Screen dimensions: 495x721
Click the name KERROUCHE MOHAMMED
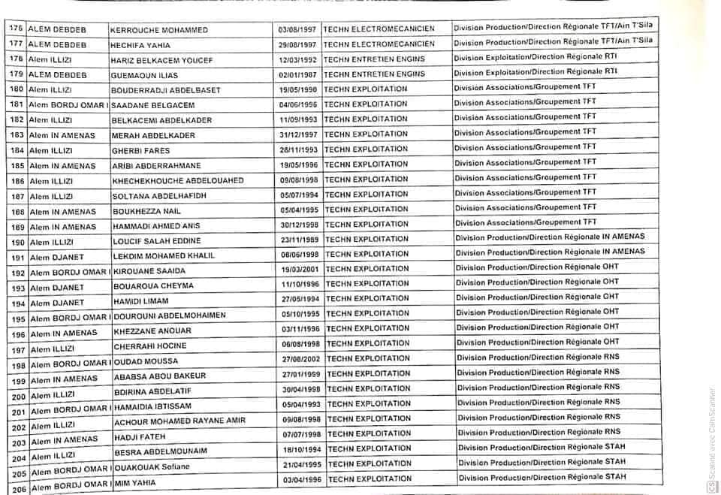tap(158, 31)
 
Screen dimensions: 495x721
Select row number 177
tap(16, 44)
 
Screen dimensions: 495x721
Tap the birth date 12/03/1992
tap(298, 59)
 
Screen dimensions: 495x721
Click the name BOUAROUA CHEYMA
tap(153, 286)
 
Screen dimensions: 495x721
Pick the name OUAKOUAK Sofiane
tap(157, 466)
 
